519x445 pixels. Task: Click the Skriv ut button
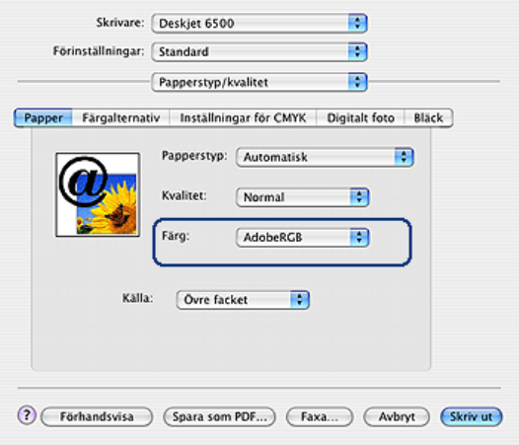472,416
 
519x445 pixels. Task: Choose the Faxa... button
320,416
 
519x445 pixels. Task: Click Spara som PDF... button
219,416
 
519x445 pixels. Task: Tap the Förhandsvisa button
97,416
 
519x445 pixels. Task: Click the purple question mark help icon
27,415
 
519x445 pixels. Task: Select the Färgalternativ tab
120,117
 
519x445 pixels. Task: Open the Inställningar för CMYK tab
243,117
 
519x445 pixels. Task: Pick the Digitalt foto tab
360,117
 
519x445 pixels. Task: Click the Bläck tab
428,117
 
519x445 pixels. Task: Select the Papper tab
43,117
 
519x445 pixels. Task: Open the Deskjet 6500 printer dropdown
259,23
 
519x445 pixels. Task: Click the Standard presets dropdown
259,51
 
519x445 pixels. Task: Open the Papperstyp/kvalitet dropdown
259,82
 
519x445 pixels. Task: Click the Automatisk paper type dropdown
325,157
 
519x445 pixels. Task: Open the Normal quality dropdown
303,197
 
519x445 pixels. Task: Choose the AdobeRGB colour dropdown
303,238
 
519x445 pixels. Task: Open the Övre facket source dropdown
243,300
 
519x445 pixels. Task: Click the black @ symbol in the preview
83,182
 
